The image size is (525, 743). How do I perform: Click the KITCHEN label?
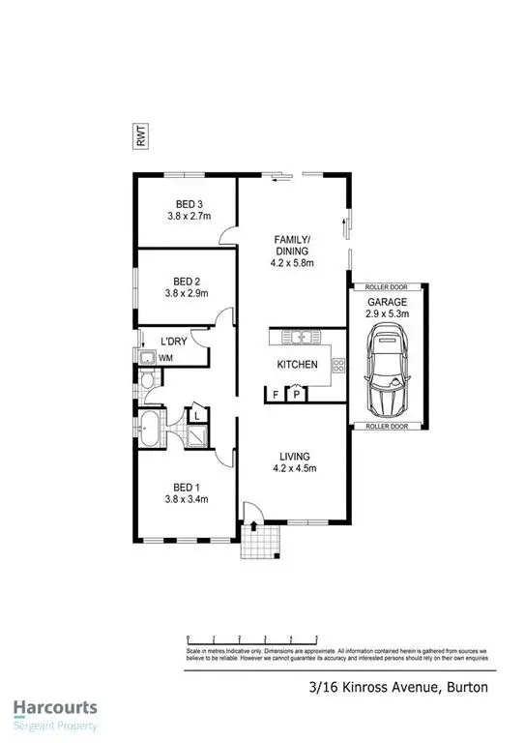pyautogui.click(x=298, y=365)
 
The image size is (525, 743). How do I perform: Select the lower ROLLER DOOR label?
pyautogui.click(x=388, y=426)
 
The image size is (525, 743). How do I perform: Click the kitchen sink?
pyautogui.click(x=303, y=338)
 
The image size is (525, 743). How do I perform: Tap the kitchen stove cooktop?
pyautogui.click(x=338, y=366)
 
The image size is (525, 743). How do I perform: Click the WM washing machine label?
pyautogui.click(x=165, y=359)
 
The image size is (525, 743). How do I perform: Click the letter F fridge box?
pyautogui.click(x=276, y=394)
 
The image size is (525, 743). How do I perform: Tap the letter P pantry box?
pyautogui.click(x=295, y=393)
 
